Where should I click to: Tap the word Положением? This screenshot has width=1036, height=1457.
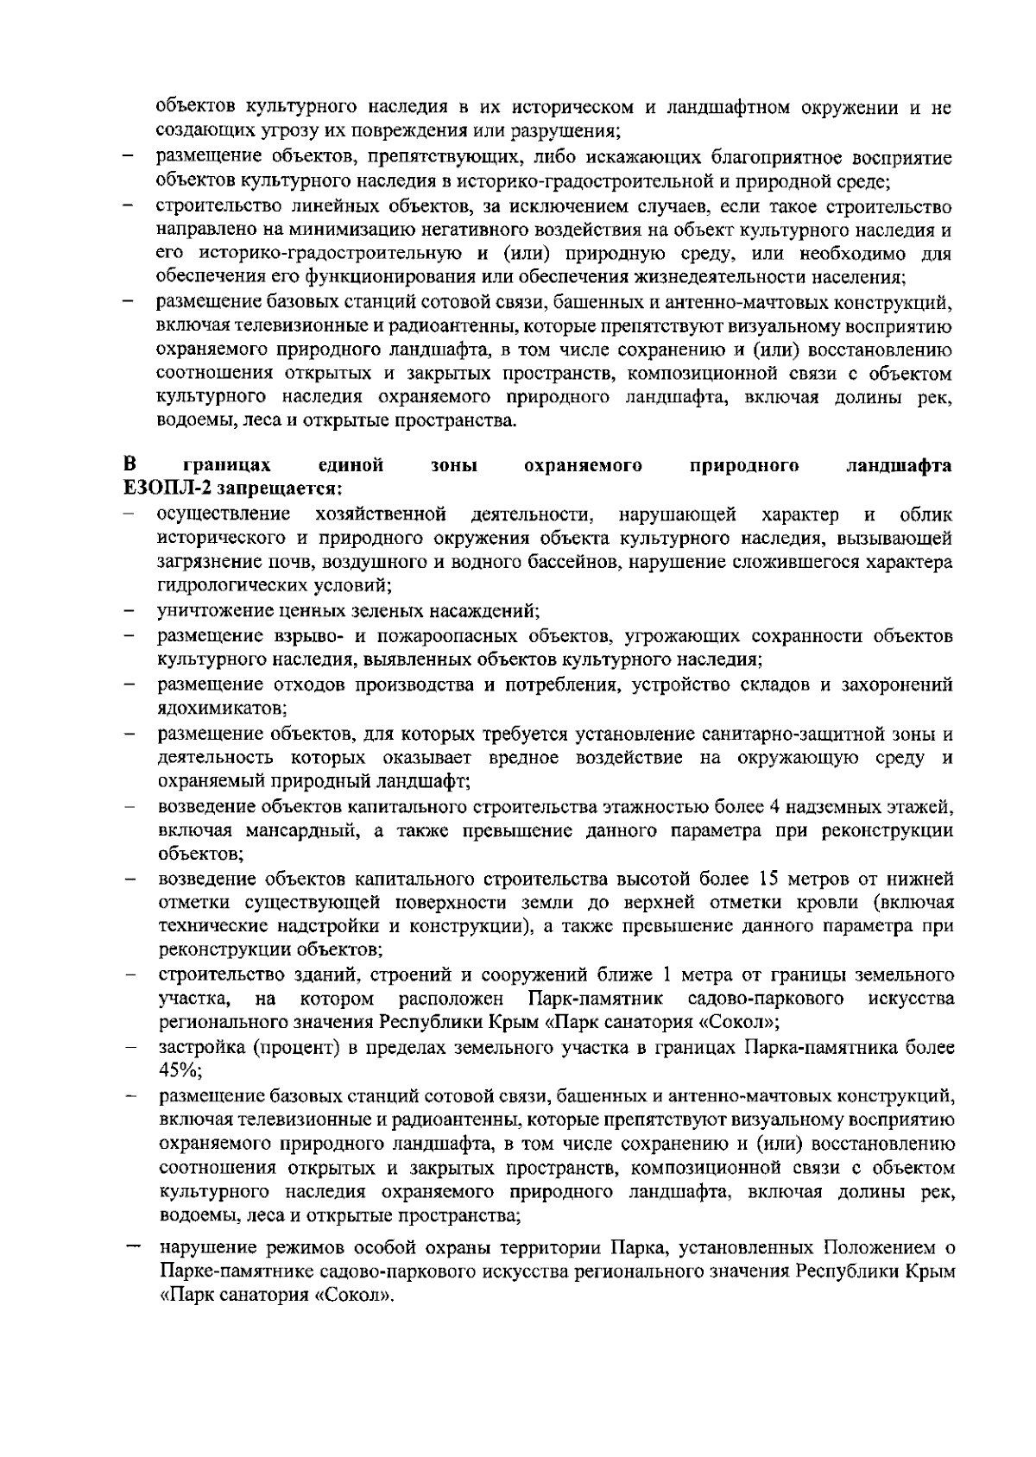coord(875,1248)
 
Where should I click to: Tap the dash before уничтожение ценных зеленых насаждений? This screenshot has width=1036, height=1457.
coord(128,612)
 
